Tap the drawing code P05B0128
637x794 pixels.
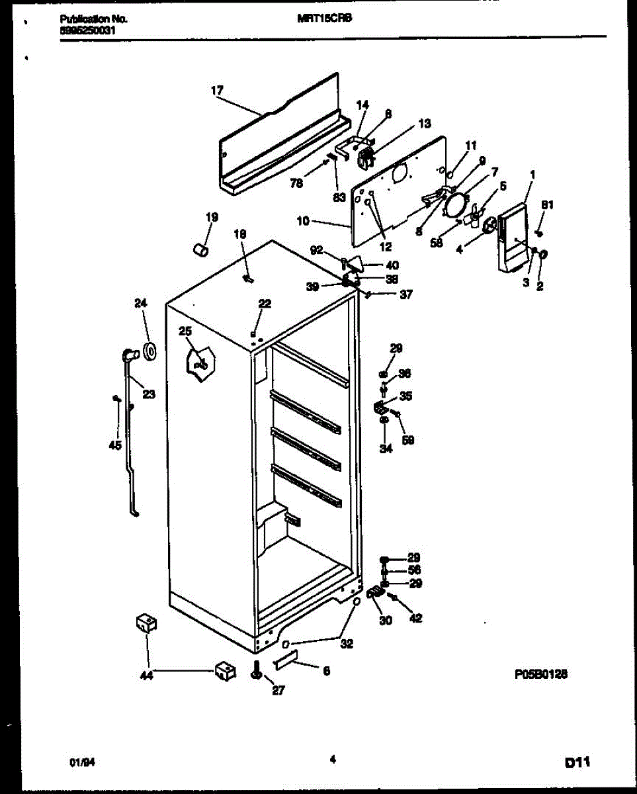point(541,674)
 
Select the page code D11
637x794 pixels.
point(577,764)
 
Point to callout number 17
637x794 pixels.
point(217,91)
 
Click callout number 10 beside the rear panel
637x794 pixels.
point(302,221)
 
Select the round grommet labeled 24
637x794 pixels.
point(149,351)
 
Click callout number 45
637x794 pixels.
point(115,445)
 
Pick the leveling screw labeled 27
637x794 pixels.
point(257,673)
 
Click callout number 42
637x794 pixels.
point(415,619)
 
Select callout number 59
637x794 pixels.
point(408,440)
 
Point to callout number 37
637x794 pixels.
point(405,295)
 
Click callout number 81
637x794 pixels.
point(546,205)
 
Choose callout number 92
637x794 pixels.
point(317,249)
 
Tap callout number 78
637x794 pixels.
point(297,183)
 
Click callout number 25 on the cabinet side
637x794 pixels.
point(185,330)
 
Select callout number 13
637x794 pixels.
point(424,123)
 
